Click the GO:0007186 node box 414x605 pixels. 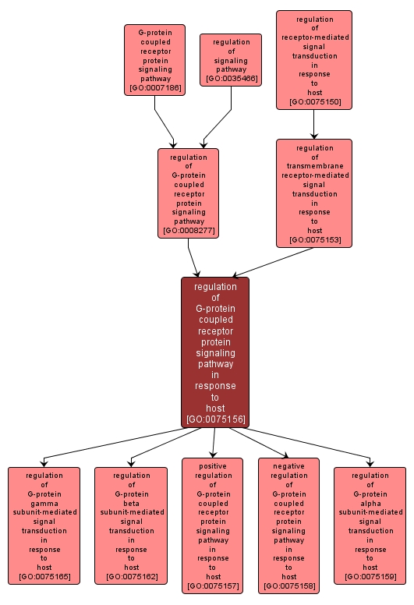click(x=154, y=60)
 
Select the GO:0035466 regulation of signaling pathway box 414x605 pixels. click(x=230, y=60)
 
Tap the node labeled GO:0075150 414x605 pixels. click(x=313, y=60)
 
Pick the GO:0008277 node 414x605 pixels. click(x=188, y=193)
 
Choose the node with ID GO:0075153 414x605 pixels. click(x=313, y=193)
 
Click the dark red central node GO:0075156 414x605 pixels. click(x=215, y=352)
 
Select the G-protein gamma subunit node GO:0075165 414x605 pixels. click(x=44, y=525)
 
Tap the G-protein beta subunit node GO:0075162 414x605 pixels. click(x=131, y=525)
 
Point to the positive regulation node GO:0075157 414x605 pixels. click(x=212, y=525)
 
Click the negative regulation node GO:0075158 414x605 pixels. click(x=288, y=525)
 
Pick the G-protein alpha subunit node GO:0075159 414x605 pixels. click(x=370, y=525)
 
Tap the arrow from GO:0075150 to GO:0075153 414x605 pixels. click(x=313, y=124)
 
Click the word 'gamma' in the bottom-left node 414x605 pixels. click(x=44, y=503)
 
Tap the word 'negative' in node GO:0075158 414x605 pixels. click(x=288, y=465)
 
